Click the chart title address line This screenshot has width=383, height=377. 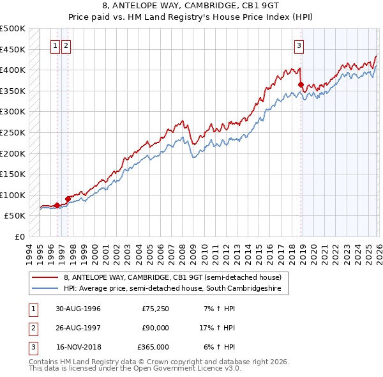tap(191, 6)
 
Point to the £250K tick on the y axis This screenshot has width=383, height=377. tap(13, 132)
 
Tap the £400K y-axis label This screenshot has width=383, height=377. tap(13, 70)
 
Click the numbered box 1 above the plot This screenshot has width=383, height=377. tap(56, 45)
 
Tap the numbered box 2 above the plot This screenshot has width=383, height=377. tap(67, 45)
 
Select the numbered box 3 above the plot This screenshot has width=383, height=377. tap(299, 45)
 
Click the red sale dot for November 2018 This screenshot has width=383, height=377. tap(301, 84)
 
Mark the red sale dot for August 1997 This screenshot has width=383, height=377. tap(68, 199)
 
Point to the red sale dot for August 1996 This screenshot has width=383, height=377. tap(57, 205)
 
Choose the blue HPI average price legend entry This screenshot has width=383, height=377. tap(176, 289)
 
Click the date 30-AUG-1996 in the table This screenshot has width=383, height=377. tap(78, 309)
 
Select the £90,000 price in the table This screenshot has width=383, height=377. tap(155, 328)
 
